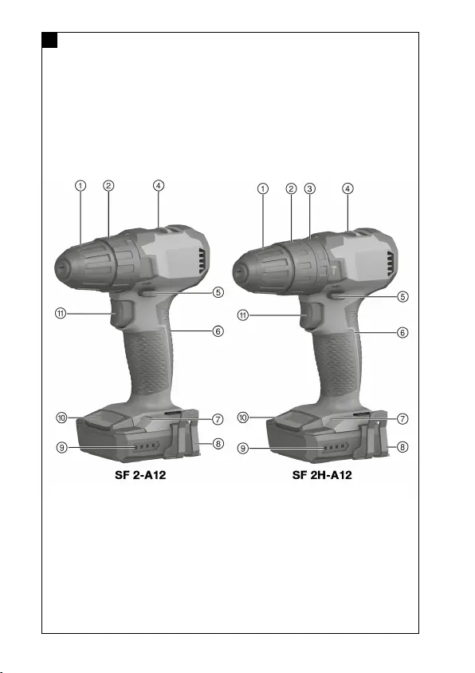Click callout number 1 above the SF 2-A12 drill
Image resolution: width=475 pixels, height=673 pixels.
[80, 186]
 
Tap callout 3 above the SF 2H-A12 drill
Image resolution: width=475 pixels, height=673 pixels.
[310, 189]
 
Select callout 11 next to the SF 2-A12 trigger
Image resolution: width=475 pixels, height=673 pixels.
[61, 313]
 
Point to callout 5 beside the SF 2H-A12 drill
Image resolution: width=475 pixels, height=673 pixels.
[402, 297]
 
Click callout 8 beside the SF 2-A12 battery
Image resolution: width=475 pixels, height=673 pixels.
[218, 443]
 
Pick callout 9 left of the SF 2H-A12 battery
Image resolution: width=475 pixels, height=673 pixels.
[243, 448]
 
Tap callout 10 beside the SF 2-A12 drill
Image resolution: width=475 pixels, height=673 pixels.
[61, 418]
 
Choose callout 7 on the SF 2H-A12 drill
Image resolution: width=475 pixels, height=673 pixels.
[402, 418]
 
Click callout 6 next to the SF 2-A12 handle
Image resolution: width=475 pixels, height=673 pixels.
[218, 331]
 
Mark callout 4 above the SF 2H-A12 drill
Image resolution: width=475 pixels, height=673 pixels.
[347, 188]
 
